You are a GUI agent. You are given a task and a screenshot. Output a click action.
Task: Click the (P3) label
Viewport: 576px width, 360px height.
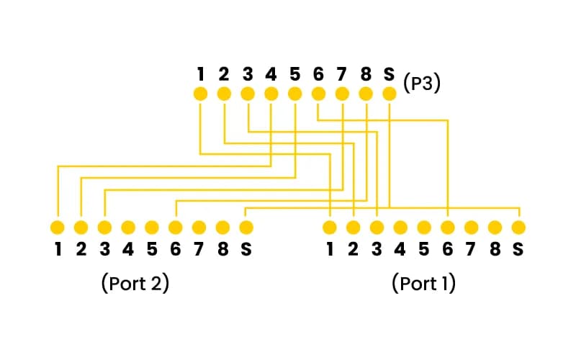click(422, 83)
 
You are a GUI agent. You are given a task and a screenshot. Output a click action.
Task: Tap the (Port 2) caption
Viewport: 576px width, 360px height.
click(135, 283)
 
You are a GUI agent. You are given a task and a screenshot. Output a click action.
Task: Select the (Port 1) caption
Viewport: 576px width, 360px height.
click(424, 283)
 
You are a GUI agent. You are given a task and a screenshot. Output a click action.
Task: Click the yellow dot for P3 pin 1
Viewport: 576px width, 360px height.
click(200, 94)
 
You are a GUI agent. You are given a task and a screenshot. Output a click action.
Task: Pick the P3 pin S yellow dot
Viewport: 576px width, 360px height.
click(390, 94)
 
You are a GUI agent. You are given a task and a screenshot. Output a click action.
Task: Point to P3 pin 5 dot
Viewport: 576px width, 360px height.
click(294, 94)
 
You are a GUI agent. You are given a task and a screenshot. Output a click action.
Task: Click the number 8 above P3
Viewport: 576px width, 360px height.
click(366, 73)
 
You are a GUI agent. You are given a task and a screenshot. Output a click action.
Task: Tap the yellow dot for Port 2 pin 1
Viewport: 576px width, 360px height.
click(57, 228)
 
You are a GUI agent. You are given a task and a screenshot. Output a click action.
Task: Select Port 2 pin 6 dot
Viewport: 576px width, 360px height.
click(175, 228)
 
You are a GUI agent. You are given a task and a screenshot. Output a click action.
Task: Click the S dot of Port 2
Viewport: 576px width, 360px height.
click(246, 228)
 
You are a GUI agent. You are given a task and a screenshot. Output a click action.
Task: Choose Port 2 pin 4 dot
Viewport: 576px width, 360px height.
click(128, 228)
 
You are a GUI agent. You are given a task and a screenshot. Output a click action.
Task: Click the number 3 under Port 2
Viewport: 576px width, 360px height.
click(104, 250)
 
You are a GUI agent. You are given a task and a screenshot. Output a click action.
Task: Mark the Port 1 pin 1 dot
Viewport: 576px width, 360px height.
click(330, 228)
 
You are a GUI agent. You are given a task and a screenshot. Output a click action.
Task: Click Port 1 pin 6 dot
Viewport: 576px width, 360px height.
click(448, 228)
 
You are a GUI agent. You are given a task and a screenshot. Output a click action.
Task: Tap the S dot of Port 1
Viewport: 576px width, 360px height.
click(518, 228)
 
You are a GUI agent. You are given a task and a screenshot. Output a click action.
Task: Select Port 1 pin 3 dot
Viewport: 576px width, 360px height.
click(377, 228)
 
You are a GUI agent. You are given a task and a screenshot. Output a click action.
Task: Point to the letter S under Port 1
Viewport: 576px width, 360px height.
click(518, 250)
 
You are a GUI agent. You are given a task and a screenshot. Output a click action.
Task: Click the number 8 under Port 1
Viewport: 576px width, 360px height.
click(495, 250)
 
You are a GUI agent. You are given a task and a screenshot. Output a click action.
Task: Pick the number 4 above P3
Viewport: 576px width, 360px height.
click(271, 73)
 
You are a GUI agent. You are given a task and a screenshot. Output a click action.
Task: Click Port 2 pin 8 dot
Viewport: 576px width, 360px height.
click(222, 228)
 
